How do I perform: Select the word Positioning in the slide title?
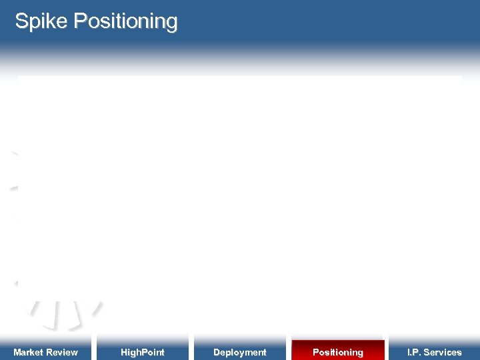click(125, 21)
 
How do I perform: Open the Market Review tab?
click(45, 351)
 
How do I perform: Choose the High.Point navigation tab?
click(142, 351)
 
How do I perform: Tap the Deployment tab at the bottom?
click(239, 351)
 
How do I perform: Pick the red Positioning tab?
click(338, 351)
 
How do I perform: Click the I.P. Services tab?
click(434, 351)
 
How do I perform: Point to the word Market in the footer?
click(29, 352)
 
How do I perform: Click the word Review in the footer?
click(63, 352)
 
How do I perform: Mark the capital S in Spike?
click(21, 21)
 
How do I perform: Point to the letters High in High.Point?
click(130, 352)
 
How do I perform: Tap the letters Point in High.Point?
click(153, 352)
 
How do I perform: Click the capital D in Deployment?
click(217, 352)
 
